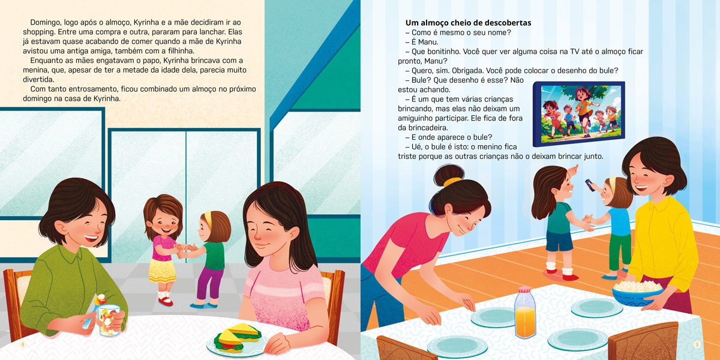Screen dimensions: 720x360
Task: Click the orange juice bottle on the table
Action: pos(525,313)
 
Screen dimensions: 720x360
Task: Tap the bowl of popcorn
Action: pos(637,293)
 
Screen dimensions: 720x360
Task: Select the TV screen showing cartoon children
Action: pos(579,113)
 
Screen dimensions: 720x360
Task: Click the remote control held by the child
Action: pos(590,185)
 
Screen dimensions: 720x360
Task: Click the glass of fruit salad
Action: pos(107,316)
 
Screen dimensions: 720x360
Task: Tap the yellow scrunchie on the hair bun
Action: pos(452,182)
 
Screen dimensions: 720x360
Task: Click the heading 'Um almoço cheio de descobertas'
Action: pos(468,23)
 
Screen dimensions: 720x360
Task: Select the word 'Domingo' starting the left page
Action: pos(44,23)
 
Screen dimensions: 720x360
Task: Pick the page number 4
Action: pos(23,344)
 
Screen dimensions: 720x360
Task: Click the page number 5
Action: pos(697,344)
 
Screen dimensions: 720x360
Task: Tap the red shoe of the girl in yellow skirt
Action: pos(166,301)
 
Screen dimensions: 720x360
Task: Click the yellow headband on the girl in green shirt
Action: pos(208,218)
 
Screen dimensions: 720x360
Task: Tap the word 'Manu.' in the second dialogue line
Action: pos(428,42)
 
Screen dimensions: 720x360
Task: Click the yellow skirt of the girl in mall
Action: pos(162,271)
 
